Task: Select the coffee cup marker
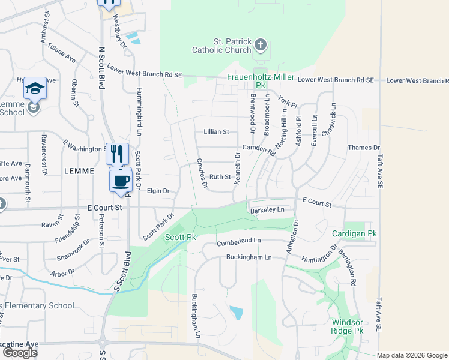click(x=121, y=180)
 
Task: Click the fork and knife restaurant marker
click(x=117, y=154)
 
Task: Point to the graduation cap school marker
click(x=35, y=88)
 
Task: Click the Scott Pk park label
click(x=181, y=238)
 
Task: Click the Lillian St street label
click(x=217, y=131)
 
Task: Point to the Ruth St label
click(x=220, y=177)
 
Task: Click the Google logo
click(x=20, y=353)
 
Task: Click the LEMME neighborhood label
click(x=79, y=171)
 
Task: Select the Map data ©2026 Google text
click(x=412, y=355)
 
